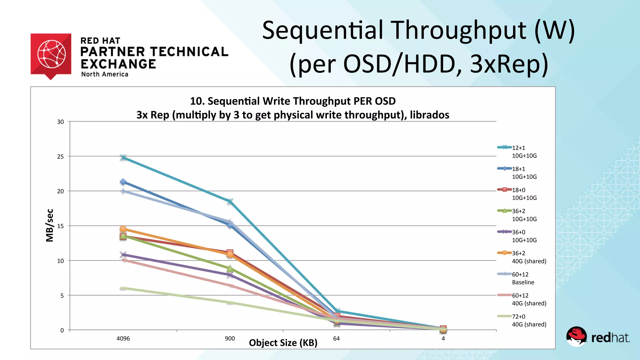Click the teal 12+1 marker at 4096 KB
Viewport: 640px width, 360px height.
[x=123, y=157]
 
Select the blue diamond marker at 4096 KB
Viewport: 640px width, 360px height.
[x=123, y=182]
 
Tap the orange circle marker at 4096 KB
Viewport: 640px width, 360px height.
[x=123, y=229]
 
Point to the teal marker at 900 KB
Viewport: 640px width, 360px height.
[x=230, y=202]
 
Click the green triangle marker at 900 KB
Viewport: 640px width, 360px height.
[x=230, y=268]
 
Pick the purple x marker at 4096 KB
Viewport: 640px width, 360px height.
[x=123, y=255]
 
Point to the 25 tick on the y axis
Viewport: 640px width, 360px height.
[x=60, y=157]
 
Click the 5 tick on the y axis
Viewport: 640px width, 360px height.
[x=62, y=296]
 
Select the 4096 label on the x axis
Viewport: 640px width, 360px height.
[x=123, y=339]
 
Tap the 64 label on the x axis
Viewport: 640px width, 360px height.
[x=336, y=339]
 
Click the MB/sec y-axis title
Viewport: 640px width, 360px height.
[x=50, y=225]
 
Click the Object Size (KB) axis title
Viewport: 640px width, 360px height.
[x=283, y=343]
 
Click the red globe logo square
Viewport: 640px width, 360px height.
[x=51, y=54]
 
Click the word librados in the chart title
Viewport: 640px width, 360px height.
[x=429, y=115]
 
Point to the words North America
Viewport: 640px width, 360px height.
[x=105, y=74]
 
